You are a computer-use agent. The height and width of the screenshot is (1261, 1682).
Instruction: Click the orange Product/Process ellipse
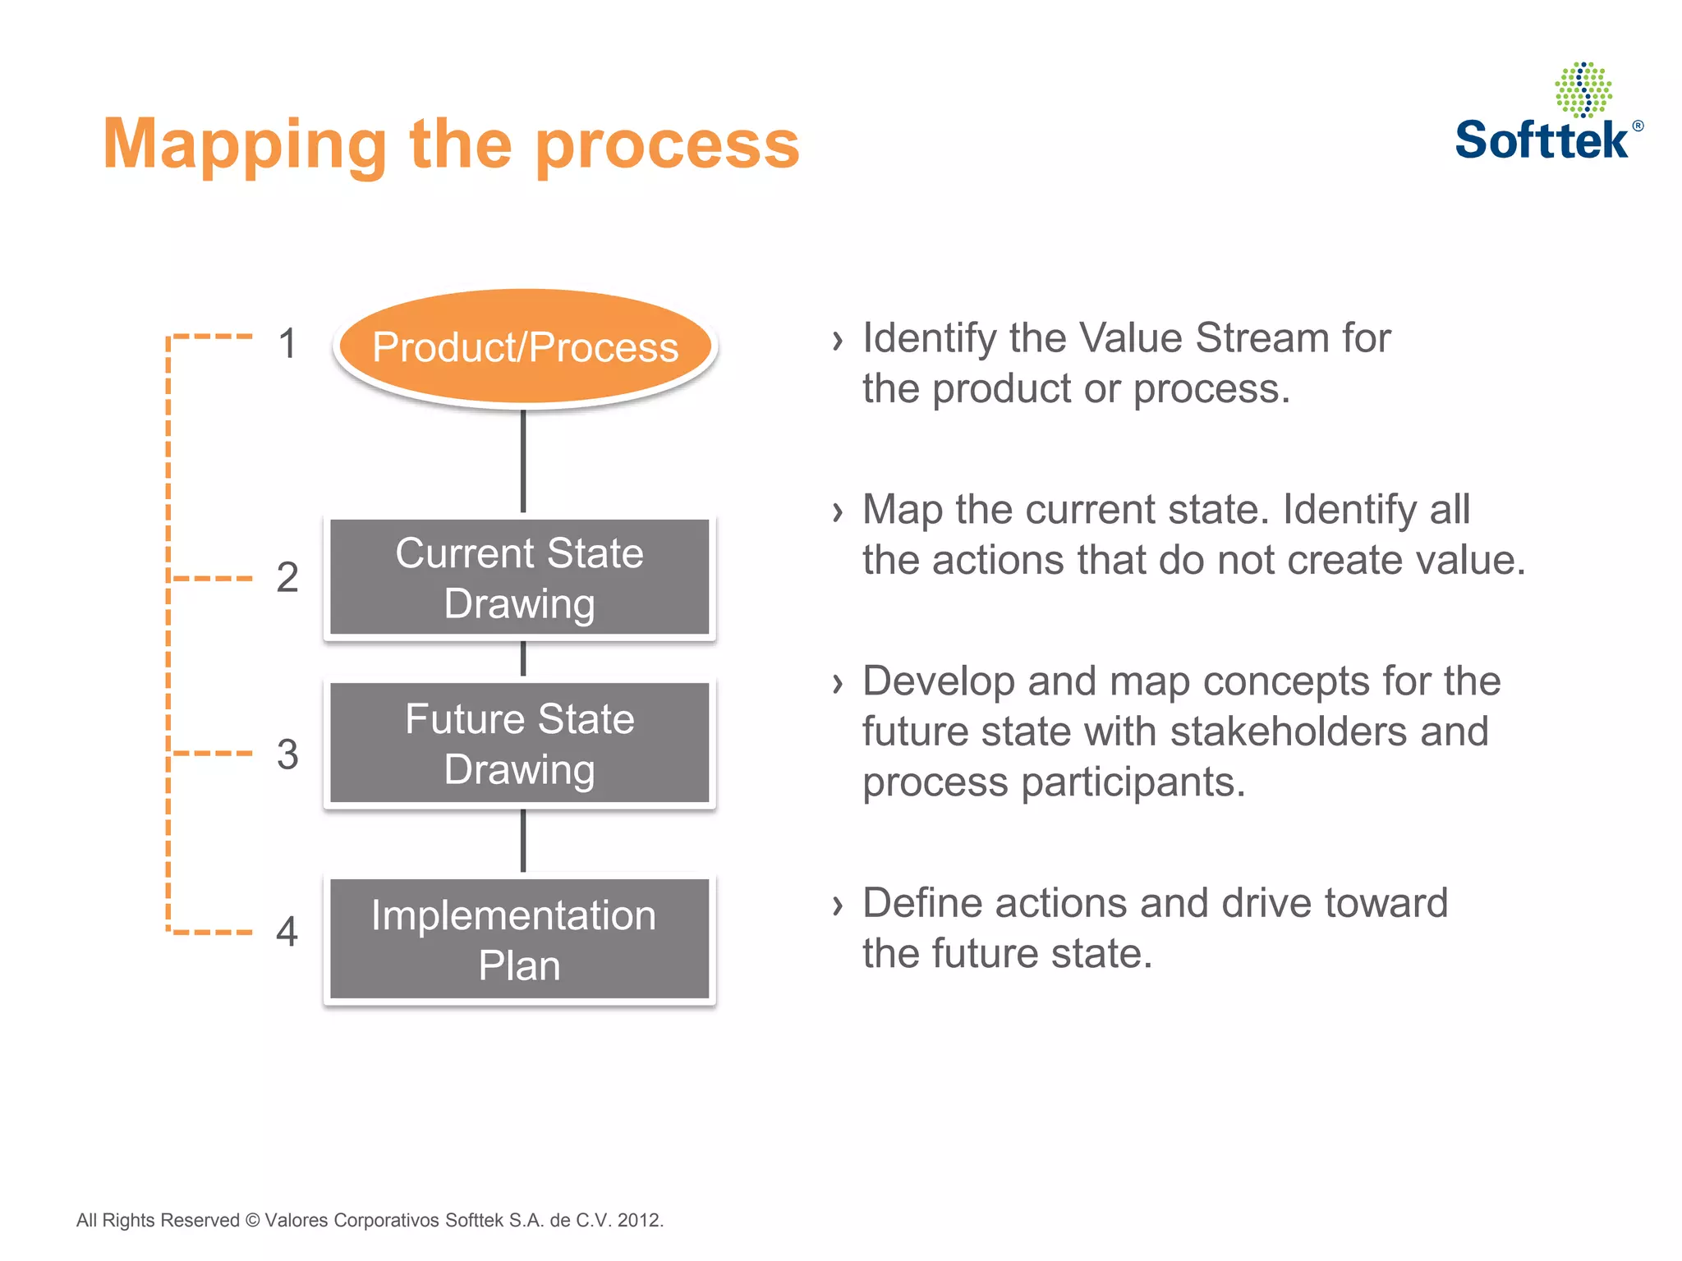pos(526,346)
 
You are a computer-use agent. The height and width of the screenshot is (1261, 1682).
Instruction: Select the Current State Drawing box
pos(519,578)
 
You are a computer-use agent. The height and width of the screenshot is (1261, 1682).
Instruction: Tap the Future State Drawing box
pos(519,744)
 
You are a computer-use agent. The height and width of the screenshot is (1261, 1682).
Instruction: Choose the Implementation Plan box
pos(519,940)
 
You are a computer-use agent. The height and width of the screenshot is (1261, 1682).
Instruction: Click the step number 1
pos(287,343)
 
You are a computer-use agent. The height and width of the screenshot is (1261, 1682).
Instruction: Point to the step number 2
pos(287,577)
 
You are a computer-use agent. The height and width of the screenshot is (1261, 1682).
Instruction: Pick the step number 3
pos(287,754)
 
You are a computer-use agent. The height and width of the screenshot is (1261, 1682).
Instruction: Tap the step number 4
pos(287,932)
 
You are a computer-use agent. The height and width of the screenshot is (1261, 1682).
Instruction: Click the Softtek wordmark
pos(1541,140)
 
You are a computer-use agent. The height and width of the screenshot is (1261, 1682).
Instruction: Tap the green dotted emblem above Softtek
pos(1583,89)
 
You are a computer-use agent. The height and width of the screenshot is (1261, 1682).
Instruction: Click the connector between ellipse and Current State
pos(523,461)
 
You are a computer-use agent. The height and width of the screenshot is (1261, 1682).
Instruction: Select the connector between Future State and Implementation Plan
pos(523,841)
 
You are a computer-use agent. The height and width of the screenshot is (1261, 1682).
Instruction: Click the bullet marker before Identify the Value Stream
pos(837,340)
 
